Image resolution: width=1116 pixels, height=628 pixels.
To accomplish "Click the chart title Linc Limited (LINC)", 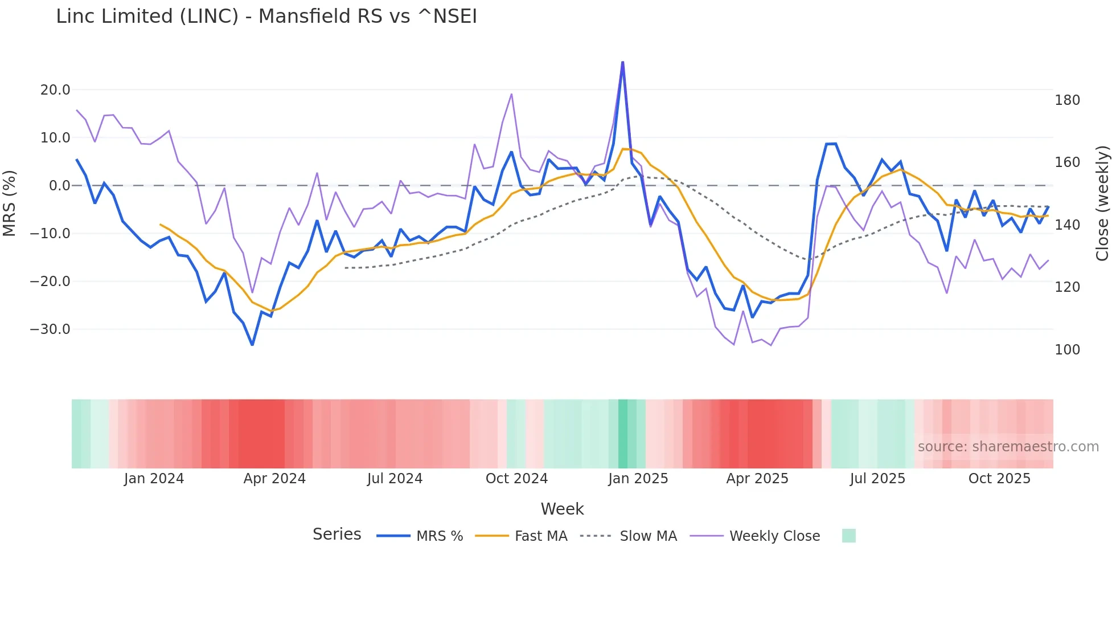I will (x=266, y=17).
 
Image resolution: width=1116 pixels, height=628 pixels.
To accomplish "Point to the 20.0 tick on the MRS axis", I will (x=55, y=90).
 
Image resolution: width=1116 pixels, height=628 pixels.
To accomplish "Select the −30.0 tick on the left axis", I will (x=50, y=329).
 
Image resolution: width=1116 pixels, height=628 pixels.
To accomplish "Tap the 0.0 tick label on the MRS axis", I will (x=60, y=186).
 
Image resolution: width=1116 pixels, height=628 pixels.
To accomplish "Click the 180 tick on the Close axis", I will (x=1067, y=100).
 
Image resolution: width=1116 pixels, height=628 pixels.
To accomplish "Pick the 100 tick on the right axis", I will (x=1067, y=350).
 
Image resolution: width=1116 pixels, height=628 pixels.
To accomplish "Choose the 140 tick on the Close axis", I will (x=1067, y=225).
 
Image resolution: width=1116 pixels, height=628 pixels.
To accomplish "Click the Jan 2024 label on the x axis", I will (x=154, y=479).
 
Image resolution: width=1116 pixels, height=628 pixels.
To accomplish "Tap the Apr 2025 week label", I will (x=757, y=479).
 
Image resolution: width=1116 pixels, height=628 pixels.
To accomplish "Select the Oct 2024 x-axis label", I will (x=516, y=479).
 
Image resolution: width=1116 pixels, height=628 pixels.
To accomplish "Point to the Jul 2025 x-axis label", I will (x=877, y=479).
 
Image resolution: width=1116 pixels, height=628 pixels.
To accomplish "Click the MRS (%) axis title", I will (x=10, y=203).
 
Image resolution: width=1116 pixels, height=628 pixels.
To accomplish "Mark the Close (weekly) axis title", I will (x=1103, y=203).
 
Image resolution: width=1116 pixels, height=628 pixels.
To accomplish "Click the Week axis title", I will (x=562, y=509).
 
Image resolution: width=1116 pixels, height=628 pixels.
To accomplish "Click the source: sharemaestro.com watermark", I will (x=1008, y=447).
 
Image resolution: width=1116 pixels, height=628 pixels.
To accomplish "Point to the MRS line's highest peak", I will (x=622, y=62).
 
